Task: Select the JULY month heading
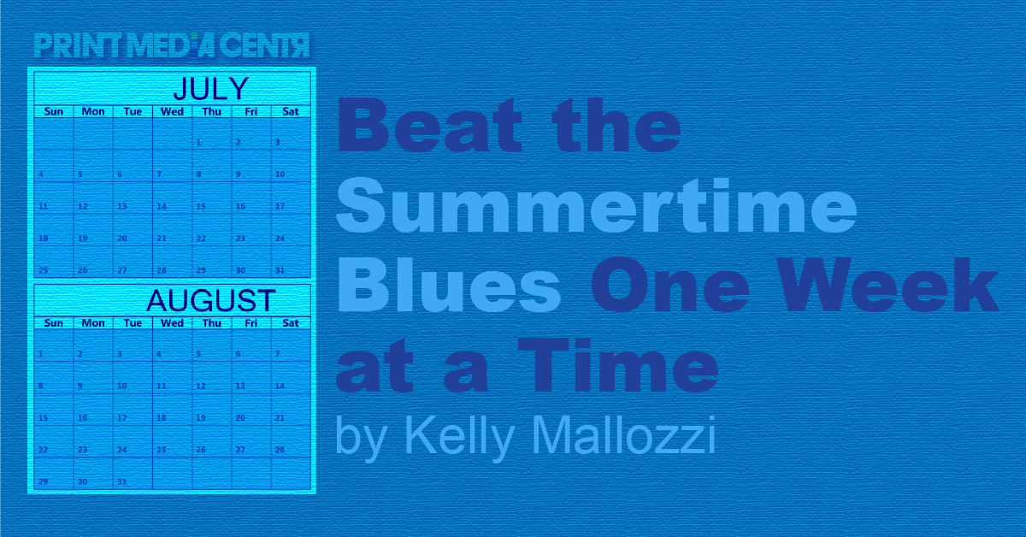coord(210,89)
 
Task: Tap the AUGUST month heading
coord(210,301)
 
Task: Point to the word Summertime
coord(596,208)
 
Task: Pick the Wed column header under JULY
coord(172,111)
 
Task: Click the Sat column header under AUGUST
coord(291,323)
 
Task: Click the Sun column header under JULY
coord(53,111)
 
